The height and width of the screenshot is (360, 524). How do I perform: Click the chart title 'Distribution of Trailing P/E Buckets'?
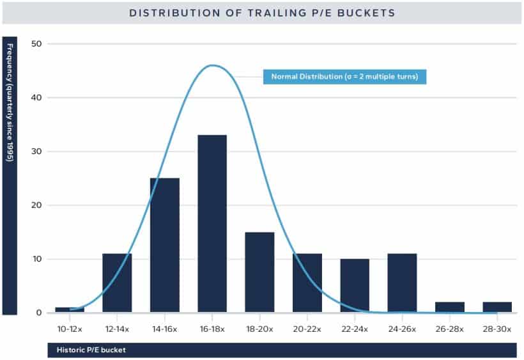point(262,12)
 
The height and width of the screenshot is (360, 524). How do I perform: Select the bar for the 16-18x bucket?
point(212,224)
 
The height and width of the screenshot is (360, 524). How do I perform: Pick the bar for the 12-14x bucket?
point(117,283)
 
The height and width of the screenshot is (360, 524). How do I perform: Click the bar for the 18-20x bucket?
point(259,272)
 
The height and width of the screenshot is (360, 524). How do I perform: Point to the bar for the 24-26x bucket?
point(402,283)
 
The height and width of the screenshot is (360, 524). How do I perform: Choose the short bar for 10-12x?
point(69,309)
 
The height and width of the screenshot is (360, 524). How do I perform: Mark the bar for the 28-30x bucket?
point(497,307)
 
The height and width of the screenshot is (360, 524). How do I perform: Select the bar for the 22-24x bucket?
point(355,285)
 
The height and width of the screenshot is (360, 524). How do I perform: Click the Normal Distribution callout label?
point(344,77)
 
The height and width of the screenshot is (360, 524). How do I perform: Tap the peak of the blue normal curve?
point(213,65)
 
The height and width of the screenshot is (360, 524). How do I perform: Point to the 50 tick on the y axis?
point(36,44)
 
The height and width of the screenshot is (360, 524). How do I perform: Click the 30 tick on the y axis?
point(36,152)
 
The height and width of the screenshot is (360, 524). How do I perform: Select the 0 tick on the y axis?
point(39,313)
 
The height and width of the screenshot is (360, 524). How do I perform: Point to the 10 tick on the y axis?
point(36,259)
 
